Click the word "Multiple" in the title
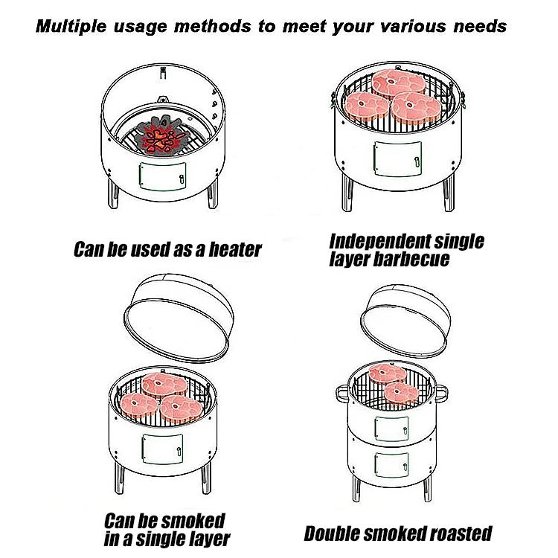point(71,27)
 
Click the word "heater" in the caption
point(235,249)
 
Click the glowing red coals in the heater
point(163,138)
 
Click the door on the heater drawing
point(163,176)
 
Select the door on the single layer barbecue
point(397,158)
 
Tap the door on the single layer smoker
point(163,449)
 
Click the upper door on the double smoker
point(391,429)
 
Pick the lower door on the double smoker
point(391,465)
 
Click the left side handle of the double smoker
point(342,394)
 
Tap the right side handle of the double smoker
point(441,394)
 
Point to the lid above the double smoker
point(405,320)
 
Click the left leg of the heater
point(113,194)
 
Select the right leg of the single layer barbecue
point(449,193)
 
